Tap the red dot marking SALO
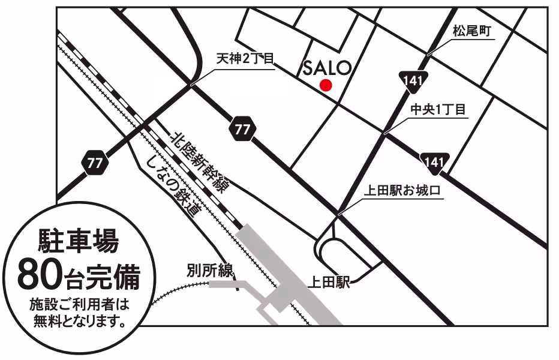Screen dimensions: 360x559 [x=326, y=85]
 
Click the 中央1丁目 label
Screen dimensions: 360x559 [x=438, y=109]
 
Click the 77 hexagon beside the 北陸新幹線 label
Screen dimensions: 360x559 [x=242, y=129]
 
